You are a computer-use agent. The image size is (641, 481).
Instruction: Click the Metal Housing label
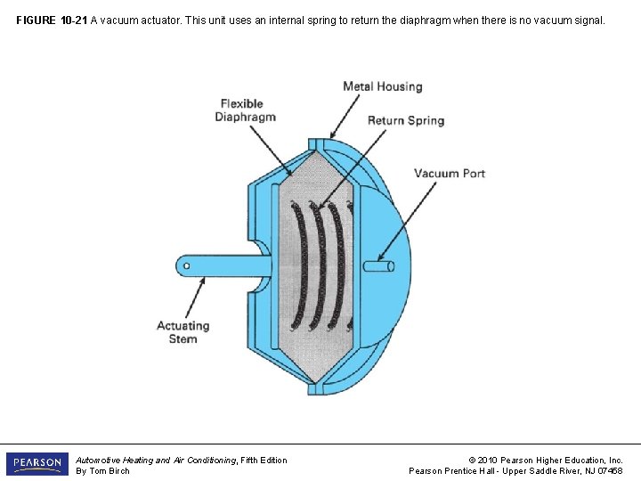click(382, 86)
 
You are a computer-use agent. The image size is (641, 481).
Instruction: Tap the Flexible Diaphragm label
click(247, 110)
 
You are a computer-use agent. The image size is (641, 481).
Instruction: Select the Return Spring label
click(405, 120)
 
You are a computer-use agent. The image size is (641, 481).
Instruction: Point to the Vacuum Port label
click(450, 173)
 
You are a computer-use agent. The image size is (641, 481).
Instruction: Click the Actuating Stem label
click(183, 332)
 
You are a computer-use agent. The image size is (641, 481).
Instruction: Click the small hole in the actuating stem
click(186, 265)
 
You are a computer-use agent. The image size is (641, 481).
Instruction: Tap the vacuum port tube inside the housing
click(378, 265)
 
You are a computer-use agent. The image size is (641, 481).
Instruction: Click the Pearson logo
click(37, 464)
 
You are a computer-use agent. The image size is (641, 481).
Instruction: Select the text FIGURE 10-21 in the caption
click(51, 19)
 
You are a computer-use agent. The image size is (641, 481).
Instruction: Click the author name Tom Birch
click(110, 471)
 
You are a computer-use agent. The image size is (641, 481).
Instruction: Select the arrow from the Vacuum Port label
click(396, 223)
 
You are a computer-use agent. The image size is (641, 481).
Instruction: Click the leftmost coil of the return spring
click(300, 265)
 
